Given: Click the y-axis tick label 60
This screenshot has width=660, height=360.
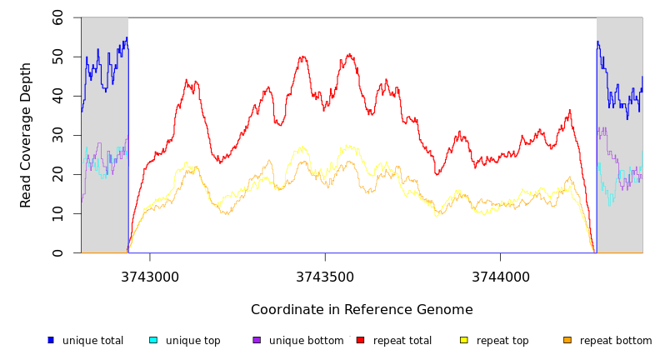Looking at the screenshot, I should pyautogui.click(x=57, y=17).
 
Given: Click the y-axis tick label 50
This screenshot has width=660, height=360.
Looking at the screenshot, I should pyautogui.click(x=57, y=57).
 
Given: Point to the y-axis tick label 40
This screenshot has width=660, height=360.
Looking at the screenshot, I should pyautogui.click(x=57, y=96).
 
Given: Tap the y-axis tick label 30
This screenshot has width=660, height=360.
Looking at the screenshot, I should pyautogui.click(x=57, y=135).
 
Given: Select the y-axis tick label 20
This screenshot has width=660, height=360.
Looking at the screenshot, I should pyautogui.click(x=57, y=174).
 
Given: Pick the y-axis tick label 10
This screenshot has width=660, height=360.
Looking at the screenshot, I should pyautogui.click(x=57, y=213).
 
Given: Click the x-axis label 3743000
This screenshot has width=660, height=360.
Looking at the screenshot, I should pyautogui.click(x=150, y=277).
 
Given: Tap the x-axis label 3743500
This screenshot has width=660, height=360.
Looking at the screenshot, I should pyautogui.click(x=325, y=277).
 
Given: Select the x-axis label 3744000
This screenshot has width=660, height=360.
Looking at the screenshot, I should pyautogui.click(x=500, y=277).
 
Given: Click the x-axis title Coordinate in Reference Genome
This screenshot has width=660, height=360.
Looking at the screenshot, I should pyautogui.click(x=362, y=310).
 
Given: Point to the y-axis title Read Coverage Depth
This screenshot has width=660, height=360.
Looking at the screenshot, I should pyautogui.click(x=26, y=135).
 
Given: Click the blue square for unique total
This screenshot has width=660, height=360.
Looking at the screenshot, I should pyautogui.click(x=51, y=340).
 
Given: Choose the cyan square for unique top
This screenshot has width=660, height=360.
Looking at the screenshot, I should pyautogui.click(x=153, y=340).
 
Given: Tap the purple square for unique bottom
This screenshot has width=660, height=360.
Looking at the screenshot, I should pyautogui.click(x=257, y=340).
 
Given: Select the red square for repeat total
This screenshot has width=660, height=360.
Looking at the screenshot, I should pyautogui.click(x=361, y=340).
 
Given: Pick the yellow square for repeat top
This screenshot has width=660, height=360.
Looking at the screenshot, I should pyautogui.click(x=464, y=340).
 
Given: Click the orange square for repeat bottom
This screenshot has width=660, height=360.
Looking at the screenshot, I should pyautogui.click(x=567, y=340).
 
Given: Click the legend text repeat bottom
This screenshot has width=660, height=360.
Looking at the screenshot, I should pyautogui.click(x=616, y=341).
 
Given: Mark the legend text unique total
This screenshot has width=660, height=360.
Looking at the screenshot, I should pyautogui.click(x=92, y=341).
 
